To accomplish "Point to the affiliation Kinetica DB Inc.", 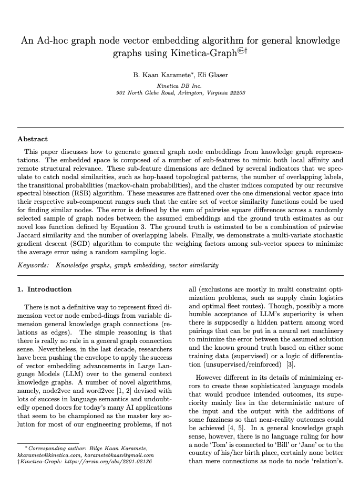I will pyautogui.click(x=180, y=85).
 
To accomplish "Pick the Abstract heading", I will pyautogui.click(x=33, y=139).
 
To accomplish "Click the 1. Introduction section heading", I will pyautogui.click(x=45, y=289).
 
